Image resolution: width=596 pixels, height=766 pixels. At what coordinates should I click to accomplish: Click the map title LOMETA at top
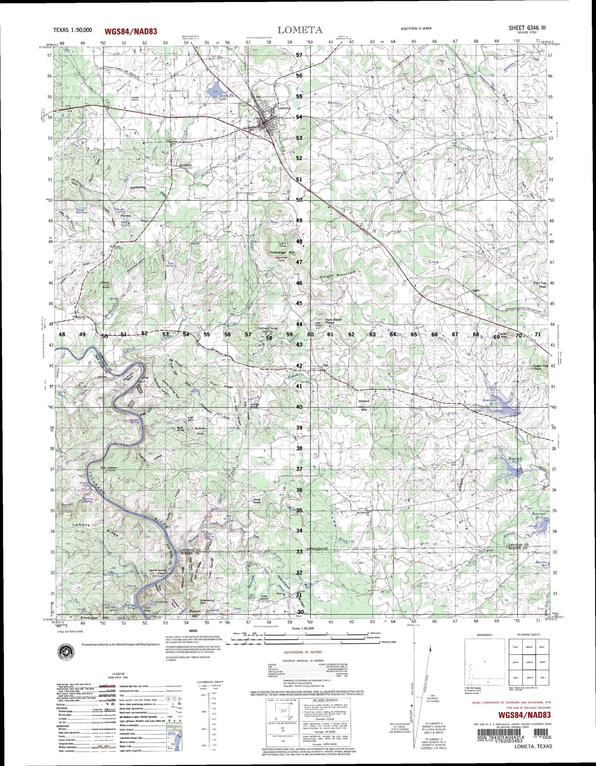tap(300, 30)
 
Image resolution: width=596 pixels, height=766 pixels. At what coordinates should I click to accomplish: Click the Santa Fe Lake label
tap(222, 98)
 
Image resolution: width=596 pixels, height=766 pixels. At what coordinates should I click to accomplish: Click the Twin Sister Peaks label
tap(333, 321)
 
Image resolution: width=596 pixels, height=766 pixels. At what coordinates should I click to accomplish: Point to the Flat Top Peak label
tap(540, 285)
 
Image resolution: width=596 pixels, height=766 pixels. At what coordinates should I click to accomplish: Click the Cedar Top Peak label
tap(540, 368)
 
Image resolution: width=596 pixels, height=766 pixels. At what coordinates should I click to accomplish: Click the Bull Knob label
tap(181, 429)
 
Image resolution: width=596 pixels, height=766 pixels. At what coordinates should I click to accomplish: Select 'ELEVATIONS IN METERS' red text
tap(302, 652)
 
